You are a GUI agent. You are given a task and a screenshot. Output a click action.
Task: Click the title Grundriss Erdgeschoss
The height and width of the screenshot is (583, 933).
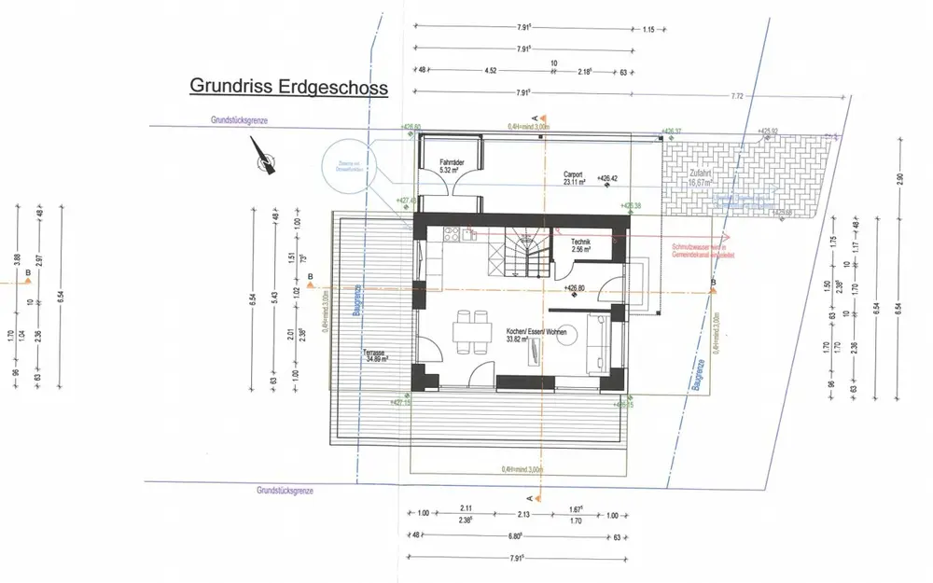click(x=288, y=86)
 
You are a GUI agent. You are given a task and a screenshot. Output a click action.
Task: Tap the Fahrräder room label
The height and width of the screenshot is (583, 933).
click(x=453, y=166)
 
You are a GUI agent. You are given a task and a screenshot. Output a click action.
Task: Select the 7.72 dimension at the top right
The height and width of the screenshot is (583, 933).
click(x=736, y=96)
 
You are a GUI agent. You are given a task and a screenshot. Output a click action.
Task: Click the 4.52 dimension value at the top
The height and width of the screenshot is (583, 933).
click(x=490, y=69)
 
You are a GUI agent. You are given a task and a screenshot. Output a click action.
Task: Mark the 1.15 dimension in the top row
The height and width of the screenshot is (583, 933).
click(x=649, y=29)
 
